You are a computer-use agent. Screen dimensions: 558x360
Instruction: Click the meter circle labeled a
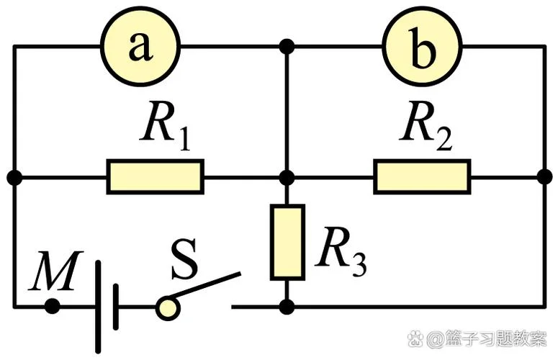140,46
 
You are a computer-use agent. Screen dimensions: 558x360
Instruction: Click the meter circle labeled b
423,46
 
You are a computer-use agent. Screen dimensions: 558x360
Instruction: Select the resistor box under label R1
156,177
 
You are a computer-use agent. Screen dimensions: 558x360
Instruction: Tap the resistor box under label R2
423,177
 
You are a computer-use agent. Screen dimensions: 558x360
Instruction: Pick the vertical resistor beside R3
287,242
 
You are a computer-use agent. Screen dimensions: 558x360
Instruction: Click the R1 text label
165,126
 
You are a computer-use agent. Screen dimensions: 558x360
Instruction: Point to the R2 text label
426,126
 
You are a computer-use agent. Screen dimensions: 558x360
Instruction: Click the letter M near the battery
56,271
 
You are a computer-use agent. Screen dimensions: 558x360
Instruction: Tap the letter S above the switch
184,259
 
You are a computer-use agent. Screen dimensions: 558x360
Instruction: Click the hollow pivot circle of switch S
168,308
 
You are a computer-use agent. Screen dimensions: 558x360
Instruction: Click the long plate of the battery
98,307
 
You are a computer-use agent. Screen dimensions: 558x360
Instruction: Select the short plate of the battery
116,307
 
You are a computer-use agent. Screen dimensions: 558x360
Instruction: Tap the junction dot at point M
53,306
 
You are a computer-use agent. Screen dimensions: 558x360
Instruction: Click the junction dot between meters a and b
287,46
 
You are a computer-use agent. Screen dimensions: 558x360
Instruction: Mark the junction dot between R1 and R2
287,177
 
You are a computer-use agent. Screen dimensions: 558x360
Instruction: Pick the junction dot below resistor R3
287,307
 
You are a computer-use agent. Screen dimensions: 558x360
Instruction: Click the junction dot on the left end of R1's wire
14,177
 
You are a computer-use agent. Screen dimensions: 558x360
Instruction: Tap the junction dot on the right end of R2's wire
544,177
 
